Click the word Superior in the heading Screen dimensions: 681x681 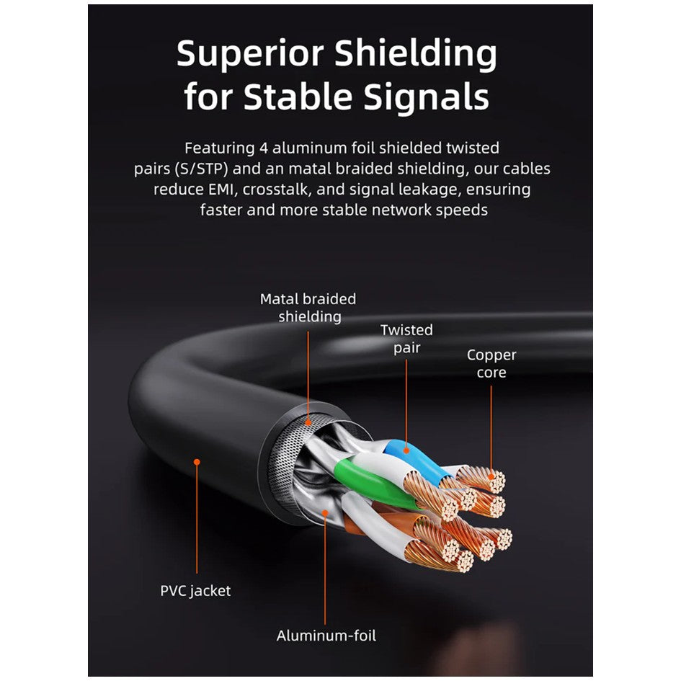250,53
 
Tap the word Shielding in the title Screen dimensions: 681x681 416,54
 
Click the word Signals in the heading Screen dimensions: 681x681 427,97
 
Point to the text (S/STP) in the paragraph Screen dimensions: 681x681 200,169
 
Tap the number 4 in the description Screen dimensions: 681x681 263,148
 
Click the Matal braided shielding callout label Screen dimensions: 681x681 308,308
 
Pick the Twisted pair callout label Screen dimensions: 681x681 406,339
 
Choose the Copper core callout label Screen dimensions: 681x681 491,363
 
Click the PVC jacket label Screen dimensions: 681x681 195,591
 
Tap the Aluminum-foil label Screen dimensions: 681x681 326,636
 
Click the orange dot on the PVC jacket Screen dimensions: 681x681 197,462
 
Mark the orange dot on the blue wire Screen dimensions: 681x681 406,450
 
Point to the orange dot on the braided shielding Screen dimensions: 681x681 308,422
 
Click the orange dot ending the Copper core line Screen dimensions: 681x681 491,477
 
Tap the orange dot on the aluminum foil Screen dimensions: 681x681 325,513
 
